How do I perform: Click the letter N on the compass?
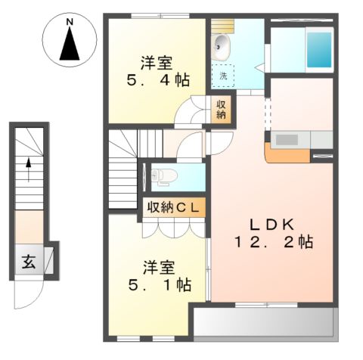coord(69,23)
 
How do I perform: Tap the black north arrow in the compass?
coord(69,47)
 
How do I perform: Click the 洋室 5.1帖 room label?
coord(158,276)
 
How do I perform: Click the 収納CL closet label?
coord(172,206)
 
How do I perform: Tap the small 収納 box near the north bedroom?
coord(222,110)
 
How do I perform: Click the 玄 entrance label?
coord(28,263)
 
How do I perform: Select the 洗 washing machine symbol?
coord(224,75)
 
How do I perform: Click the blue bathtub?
coord(318,49)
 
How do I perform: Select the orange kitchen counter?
coord(286,155)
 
